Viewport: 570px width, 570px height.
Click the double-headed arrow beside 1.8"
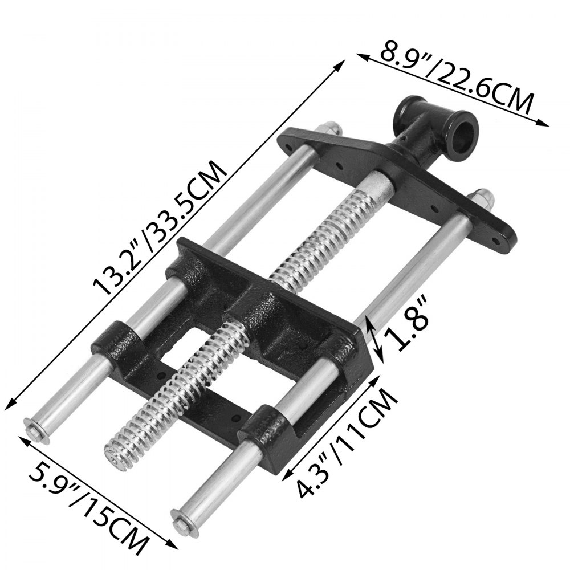pyautogui.click(x=375, y=340)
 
